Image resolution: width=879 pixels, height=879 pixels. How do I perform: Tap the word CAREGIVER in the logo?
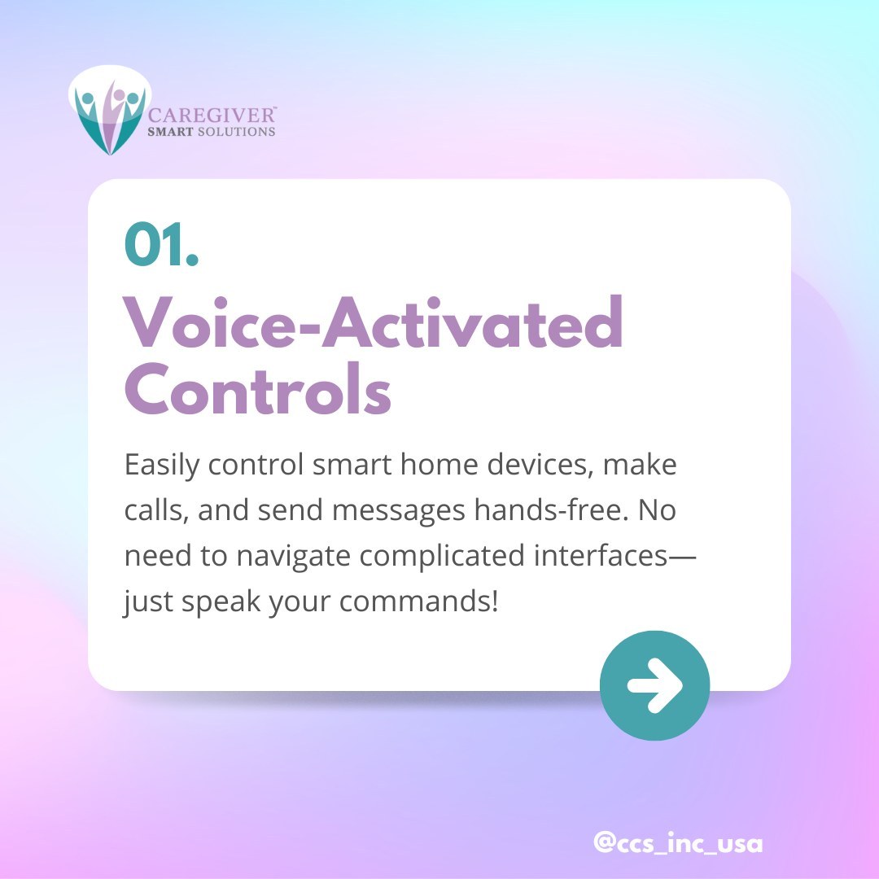pos(213,115)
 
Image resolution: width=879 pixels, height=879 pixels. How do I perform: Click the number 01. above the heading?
pos(161,244)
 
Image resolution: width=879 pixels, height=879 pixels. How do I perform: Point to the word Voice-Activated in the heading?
pos(374,323)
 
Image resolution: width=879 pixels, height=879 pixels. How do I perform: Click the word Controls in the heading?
pos(258,391)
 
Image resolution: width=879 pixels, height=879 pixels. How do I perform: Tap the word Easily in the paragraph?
pos(162,467)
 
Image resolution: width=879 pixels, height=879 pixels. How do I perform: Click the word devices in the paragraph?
pos(532,466)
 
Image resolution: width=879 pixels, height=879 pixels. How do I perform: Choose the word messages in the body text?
pos(402,511)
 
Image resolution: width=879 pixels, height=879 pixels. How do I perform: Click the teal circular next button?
pos(654,685)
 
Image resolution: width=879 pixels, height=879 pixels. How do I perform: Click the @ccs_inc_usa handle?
pos(678,843)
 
